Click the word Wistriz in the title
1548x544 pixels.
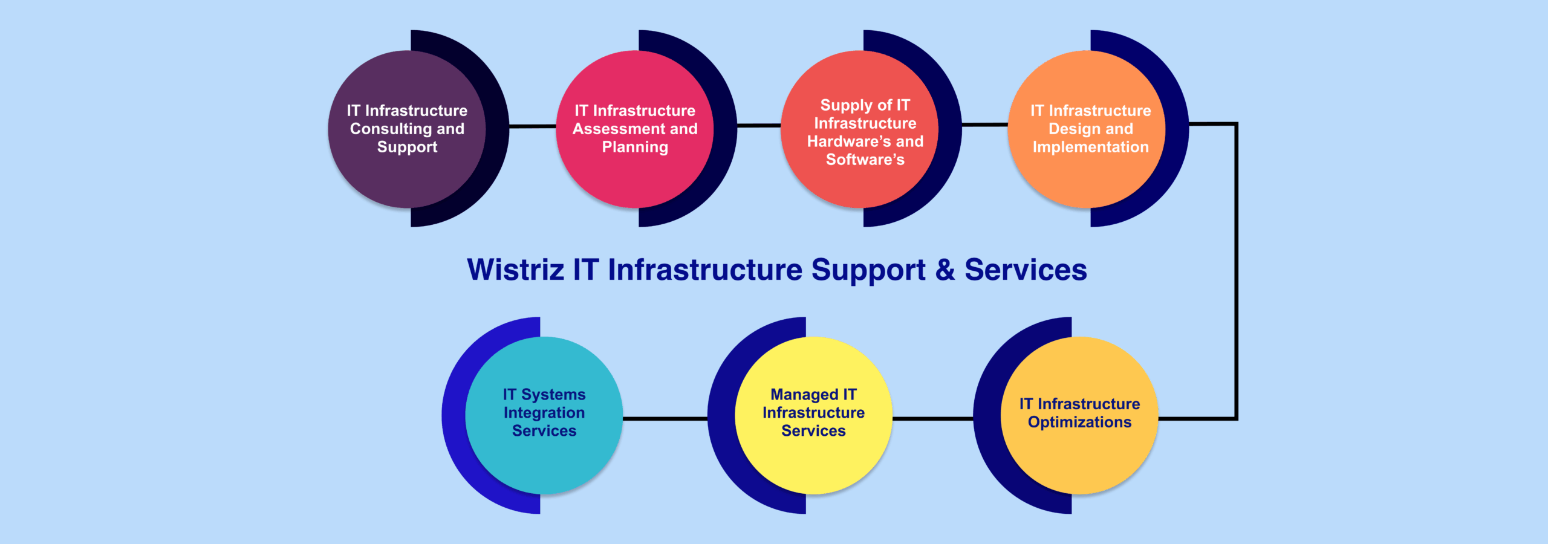[x=515, y=270]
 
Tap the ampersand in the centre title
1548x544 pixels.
[x=945, y=270]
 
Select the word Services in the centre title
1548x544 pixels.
[x=1026, y=270]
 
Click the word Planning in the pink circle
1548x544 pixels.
[x=635, y=147]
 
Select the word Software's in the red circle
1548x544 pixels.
[x=865, y=160]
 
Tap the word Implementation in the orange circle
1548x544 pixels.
[x=1090, y=147]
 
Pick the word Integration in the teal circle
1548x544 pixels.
[x=544, y=413]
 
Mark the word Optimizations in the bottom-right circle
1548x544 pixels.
[x=1079, y=422]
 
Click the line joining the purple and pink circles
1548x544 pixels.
[x=533, y=126]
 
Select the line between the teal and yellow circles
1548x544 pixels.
[x=665, y=418]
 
